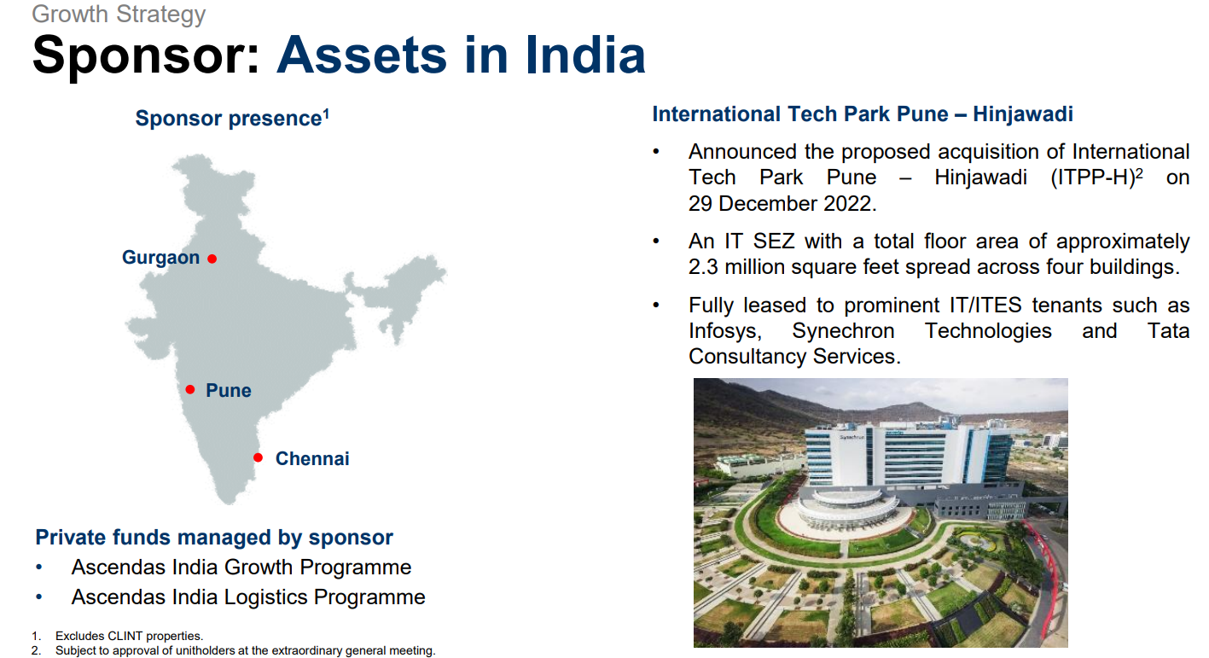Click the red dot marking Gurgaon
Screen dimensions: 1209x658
point(212,259)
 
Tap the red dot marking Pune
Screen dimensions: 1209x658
point(190,389)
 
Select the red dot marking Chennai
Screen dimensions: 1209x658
point(258,457)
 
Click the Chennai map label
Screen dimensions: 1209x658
point(312,458)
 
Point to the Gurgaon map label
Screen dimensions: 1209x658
point(161,258)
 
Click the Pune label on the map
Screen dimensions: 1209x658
point(229,390)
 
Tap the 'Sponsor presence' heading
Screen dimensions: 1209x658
point(232,119)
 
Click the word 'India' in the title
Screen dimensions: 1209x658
point(585,55)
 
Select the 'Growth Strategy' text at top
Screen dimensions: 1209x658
point(119,14)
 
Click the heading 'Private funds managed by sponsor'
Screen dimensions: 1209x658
point(214,537)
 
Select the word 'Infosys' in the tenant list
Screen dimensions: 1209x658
point(725,331)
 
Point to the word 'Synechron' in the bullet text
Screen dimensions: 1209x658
point(843,331)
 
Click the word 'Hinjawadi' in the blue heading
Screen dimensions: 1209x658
point(1023,114)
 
